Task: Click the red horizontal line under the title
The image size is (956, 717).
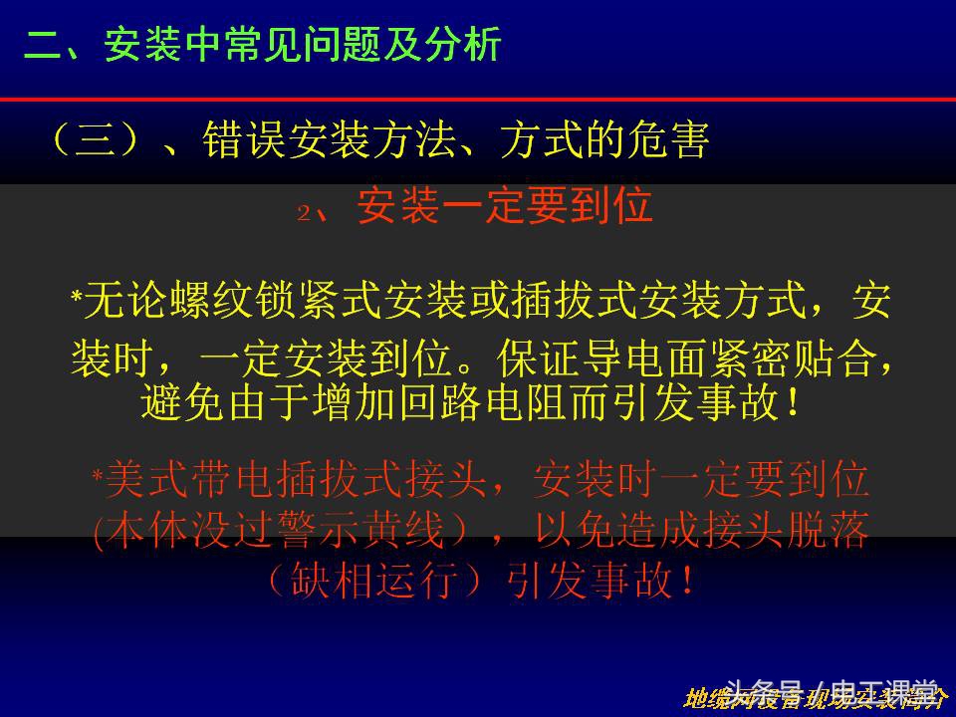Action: pyautogui.click(x=478, y=100)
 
